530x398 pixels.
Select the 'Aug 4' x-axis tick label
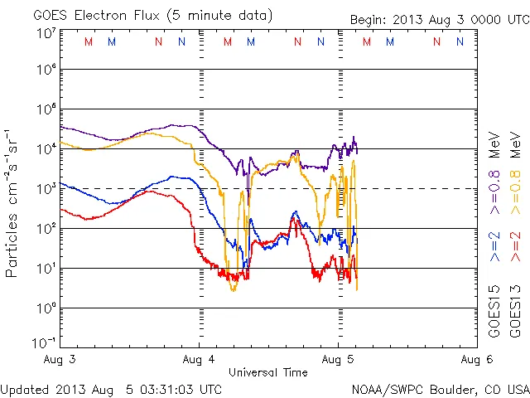click(199, 359)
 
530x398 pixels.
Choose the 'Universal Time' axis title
click(268, 372)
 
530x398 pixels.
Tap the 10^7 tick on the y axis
click(46, 33)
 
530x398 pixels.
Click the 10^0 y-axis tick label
click(46, 308)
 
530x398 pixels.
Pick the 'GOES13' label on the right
click(515, 312)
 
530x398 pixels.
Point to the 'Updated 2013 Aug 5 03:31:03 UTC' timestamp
click(111, 388)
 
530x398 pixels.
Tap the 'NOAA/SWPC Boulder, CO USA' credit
click(439, 388)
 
